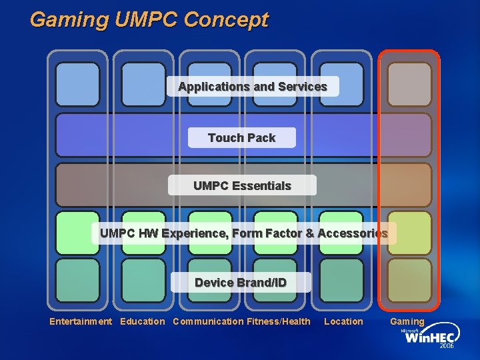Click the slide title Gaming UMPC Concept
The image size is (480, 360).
pyautogui.click(x=149, y=19)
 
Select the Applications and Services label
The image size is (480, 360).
pyautogui.click(x=253, y=87)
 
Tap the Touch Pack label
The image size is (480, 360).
pyautogui.click(x=241, y=138)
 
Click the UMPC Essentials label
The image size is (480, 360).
pyautogui.click(x=242, y=185)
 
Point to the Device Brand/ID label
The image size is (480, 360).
pyautogui.click(x=241, y=283)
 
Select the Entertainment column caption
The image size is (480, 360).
pyautogui.click(x=81, y=322)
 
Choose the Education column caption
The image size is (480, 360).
pyautogui.click(x=142, y=322)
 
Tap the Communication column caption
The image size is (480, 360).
pyautogui.click(x=208, y=322)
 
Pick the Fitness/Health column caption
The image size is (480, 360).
pyautogui.click(x=279, y=322)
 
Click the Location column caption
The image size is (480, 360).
pyautogui.click(x=343, y=322)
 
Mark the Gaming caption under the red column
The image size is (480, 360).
pyautogui.click(x=407, y=322)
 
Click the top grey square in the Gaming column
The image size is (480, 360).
pyautogui.click(x=409, y=84)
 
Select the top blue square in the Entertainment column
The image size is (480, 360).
pyautogui.click(x=77, y=84)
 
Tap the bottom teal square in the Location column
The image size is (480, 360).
pyautogui.click(x=341, y=280)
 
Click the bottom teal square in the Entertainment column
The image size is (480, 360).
pyautogui.click(x=77, y=280)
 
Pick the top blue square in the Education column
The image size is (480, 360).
pyautogui.click(x=143, y=84)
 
